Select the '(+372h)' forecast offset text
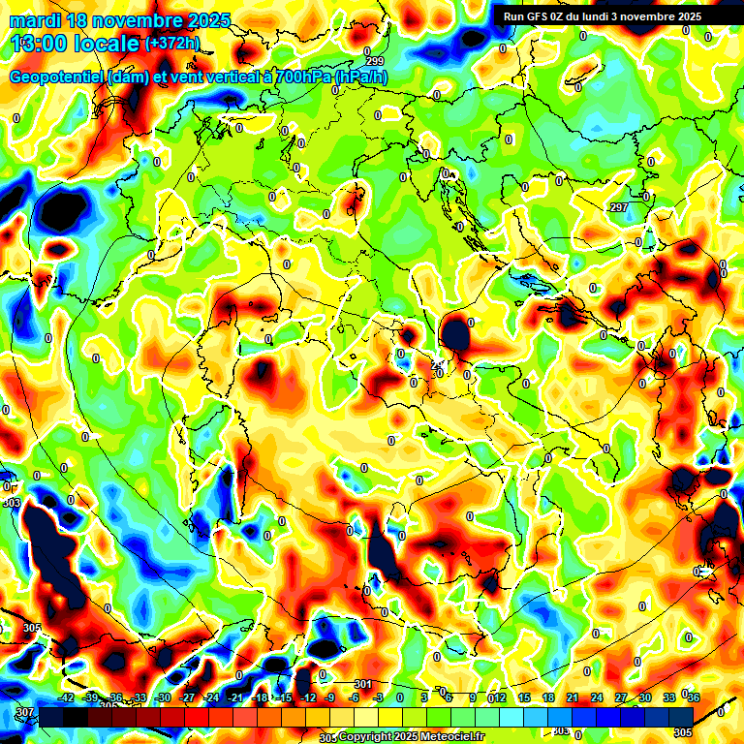click(172, 44)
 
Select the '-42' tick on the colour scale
click(66, 697)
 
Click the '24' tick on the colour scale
click(597, 697)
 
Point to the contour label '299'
click(375, 61)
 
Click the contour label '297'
click(619, 208)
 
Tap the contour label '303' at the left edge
click(12, 504)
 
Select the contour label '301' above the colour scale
click(363, 685)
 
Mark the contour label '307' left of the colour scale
click(24, 713)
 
